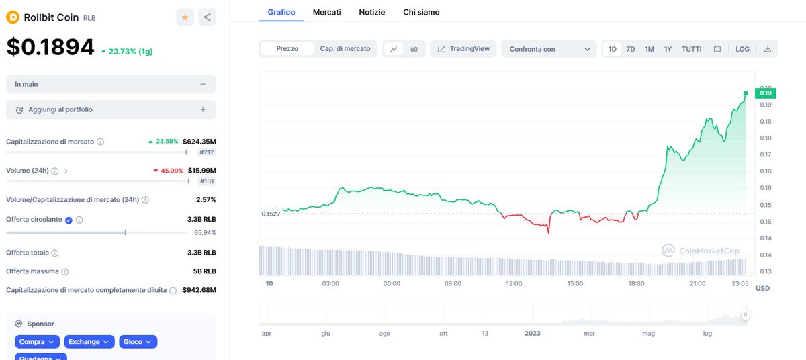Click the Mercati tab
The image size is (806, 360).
point(326,12)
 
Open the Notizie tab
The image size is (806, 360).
point(372,12)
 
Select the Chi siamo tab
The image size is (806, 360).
point(421,12)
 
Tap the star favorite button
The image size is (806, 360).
point(185,17)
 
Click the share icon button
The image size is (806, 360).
point(208,17)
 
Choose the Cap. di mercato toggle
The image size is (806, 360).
point(345,49)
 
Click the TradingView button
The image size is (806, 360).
point(463,49)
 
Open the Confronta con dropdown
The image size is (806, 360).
point(548,49)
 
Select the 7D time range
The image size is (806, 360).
point(631,49)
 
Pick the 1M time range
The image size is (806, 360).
point(650,49)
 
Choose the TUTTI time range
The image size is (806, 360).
point(692,49)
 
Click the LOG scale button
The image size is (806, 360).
point(742,49)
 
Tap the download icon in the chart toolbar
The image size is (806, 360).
point(767,49)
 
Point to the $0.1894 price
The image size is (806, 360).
point(50,46)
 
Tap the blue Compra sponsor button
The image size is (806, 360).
point(38,342)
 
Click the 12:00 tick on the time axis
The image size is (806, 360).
point(514,283)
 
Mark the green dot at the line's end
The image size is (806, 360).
point(746,93)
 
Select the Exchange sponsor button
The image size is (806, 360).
point(89,342)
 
